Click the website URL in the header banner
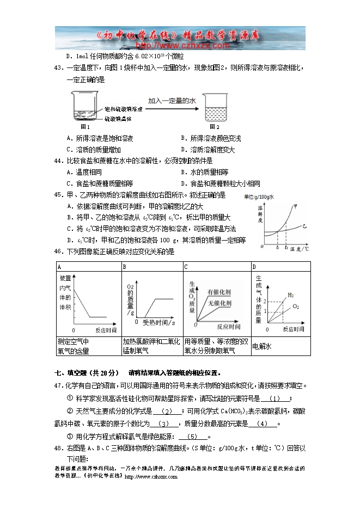pos(180,46)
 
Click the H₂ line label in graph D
pos(291,295)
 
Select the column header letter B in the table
pos(125,267)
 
